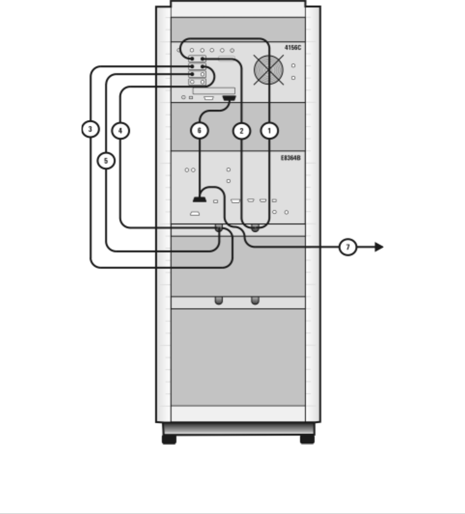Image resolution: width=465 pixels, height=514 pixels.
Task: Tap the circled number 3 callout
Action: click(x=90, y=129)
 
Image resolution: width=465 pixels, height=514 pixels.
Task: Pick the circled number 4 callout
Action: click(x=120, y=129)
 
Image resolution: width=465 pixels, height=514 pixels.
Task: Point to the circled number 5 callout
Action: click(x=106, y=160)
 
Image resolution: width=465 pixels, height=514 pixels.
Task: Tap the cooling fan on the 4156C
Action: click(x=269, y=70)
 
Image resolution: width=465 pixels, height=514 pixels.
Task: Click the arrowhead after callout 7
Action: click(x=379, y=247)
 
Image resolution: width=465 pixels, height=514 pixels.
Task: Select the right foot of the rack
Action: click(x=307, y=439)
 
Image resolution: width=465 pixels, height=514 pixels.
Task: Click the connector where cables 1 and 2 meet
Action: click(x=255, y=228)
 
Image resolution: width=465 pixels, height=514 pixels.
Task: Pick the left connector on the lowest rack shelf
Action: click(x=218, y=300)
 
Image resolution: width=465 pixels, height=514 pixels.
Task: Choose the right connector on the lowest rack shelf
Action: click(x=255, y=300)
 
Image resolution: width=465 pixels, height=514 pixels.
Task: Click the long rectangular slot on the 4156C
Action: click(x=213, y=91)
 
